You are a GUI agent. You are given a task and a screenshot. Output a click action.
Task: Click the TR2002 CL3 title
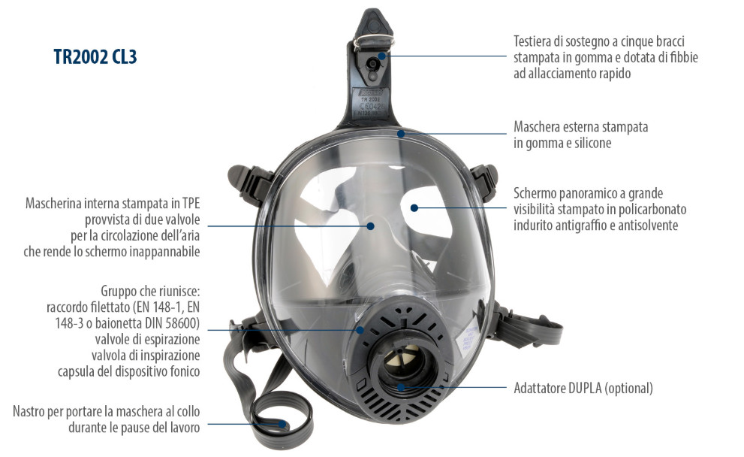[95, 56]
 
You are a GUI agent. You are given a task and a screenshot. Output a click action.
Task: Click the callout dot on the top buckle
[381, 56]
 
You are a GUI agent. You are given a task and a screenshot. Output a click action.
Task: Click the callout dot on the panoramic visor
[414, 207]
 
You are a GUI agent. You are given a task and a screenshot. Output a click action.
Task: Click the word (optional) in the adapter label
[628, 389]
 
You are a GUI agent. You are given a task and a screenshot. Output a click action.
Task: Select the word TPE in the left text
[191, 204]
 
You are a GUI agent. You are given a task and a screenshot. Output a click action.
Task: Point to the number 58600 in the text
[180, 323]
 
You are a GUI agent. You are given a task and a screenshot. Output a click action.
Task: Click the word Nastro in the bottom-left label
[29, 411]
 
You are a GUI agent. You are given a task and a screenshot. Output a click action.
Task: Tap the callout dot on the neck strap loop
[282, 424]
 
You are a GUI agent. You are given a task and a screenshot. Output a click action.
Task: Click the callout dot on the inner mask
[371, 225]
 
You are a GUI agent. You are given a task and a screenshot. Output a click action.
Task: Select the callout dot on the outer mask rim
[401, 134]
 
